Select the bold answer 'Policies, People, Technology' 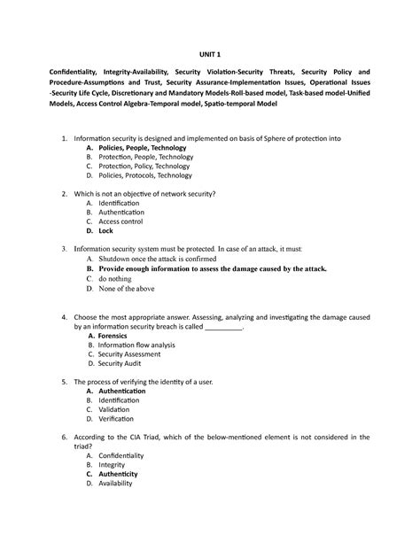143,148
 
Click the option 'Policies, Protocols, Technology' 145,175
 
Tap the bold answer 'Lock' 105,229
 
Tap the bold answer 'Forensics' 118,336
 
